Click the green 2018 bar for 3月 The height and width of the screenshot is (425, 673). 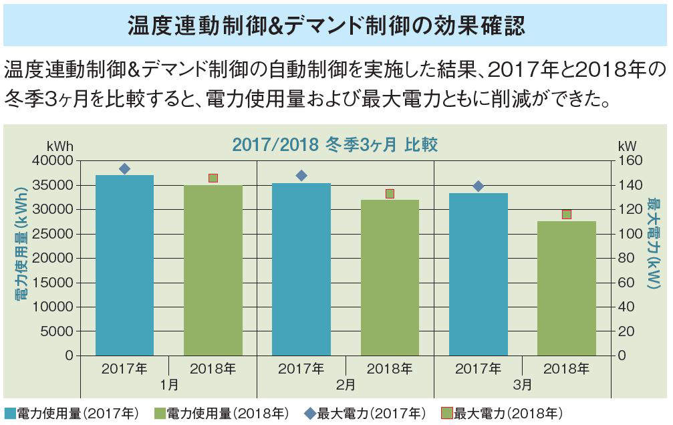[566, 288]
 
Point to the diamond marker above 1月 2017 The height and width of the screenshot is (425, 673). [124, 169]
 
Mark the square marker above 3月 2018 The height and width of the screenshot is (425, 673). [567, 215]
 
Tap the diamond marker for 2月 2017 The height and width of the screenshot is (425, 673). [301, 176]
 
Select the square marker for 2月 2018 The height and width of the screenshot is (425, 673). [390, 194]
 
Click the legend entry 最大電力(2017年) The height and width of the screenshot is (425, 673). [364, 413]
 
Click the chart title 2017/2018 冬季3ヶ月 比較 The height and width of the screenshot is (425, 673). [334, 144]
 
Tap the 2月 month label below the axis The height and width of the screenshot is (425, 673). [346, 385]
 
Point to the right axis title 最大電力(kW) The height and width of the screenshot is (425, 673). [653, 244]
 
